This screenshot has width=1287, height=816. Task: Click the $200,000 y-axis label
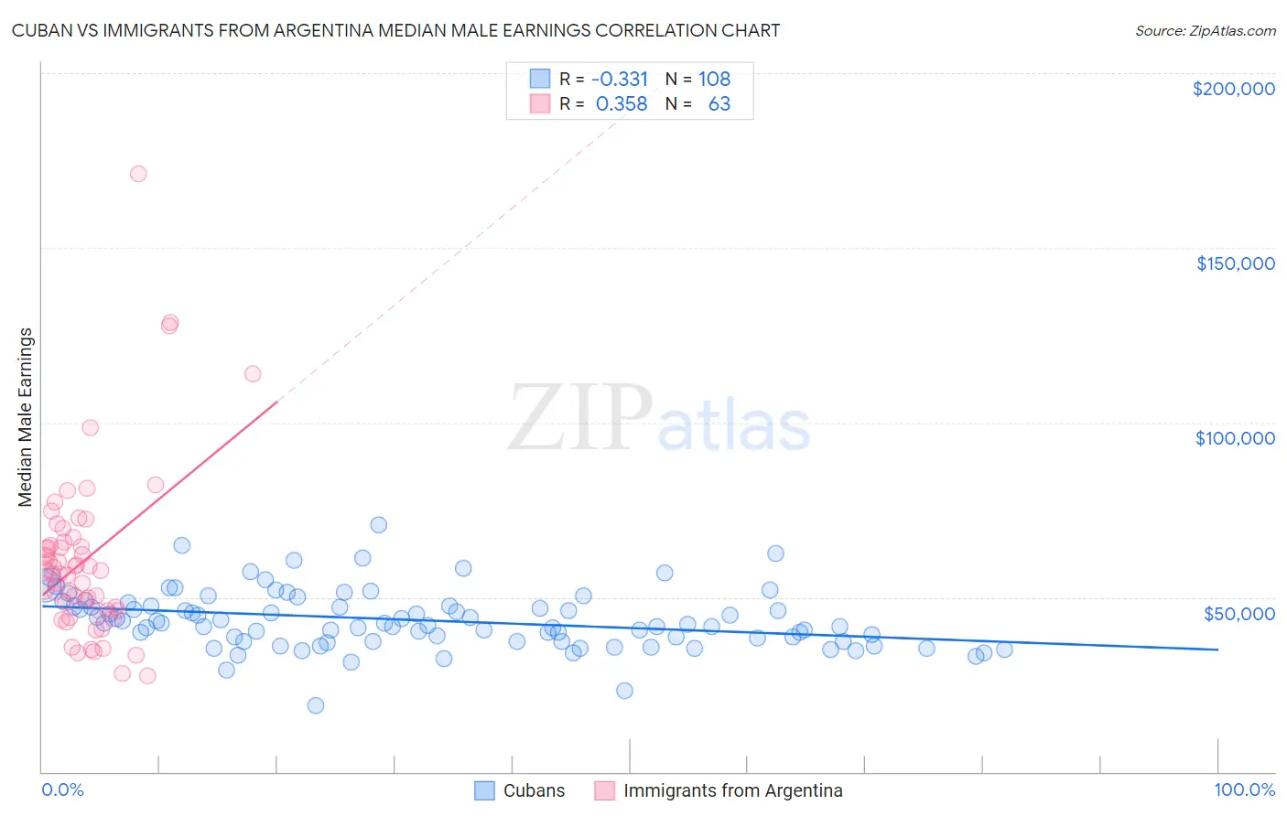[1233, 89]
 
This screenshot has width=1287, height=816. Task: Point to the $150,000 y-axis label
[1235, 263]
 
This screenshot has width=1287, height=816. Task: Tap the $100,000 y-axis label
[1235, 438]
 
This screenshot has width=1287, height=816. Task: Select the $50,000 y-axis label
[1238, 613]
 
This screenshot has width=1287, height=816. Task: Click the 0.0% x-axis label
[62, 789]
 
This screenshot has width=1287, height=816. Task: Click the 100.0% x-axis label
[1244, 789]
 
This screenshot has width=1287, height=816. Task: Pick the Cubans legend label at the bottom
[534, 790]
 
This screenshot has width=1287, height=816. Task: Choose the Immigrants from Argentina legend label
[732, 790]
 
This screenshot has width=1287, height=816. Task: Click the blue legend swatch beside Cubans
[484, 790]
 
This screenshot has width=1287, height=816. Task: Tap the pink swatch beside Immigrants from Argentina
[604, 790]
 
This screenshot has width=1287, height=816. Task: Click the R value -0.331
[620, 79]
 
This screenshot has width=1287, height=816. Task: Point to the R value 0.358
[622, 104]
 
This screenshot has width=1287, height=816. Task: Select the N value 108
[714, 79]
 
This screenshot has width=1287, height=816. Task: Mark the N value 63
[719, 104]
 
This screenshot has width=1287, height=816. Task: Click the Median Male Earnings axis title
[26, 417]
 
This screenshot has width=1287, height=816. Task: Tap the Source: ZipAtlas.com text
[1205, 31]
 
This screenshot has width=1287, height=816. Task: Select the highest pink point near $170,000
[138, 174]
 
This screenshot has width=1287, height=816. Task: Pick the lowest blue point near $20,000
[316, 705]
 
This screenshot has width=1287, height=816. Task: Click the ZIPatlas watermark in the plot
[659, 419]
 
